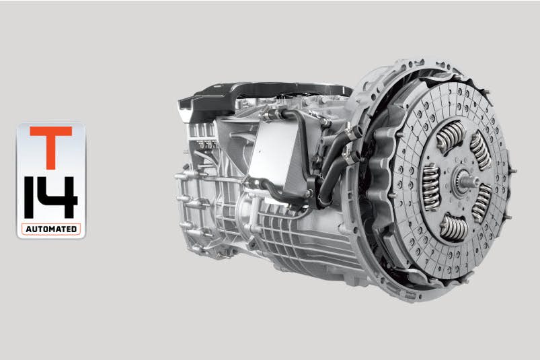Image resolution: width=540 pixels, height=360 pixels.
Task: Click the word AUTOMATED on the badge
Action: pos(51,229)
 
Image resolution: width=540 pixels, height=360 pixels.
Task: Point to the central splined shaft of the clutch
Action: pos(465,181)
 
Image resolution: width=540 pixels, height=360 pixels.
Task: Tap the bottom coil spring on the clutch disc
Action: pos(453,227)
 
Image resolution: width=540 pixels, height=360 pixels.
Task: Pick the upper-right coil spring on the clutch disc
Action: pos(480,149)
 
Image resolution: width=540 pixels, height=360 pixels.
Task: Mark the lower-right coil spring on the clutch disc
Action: pos(481,203)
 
